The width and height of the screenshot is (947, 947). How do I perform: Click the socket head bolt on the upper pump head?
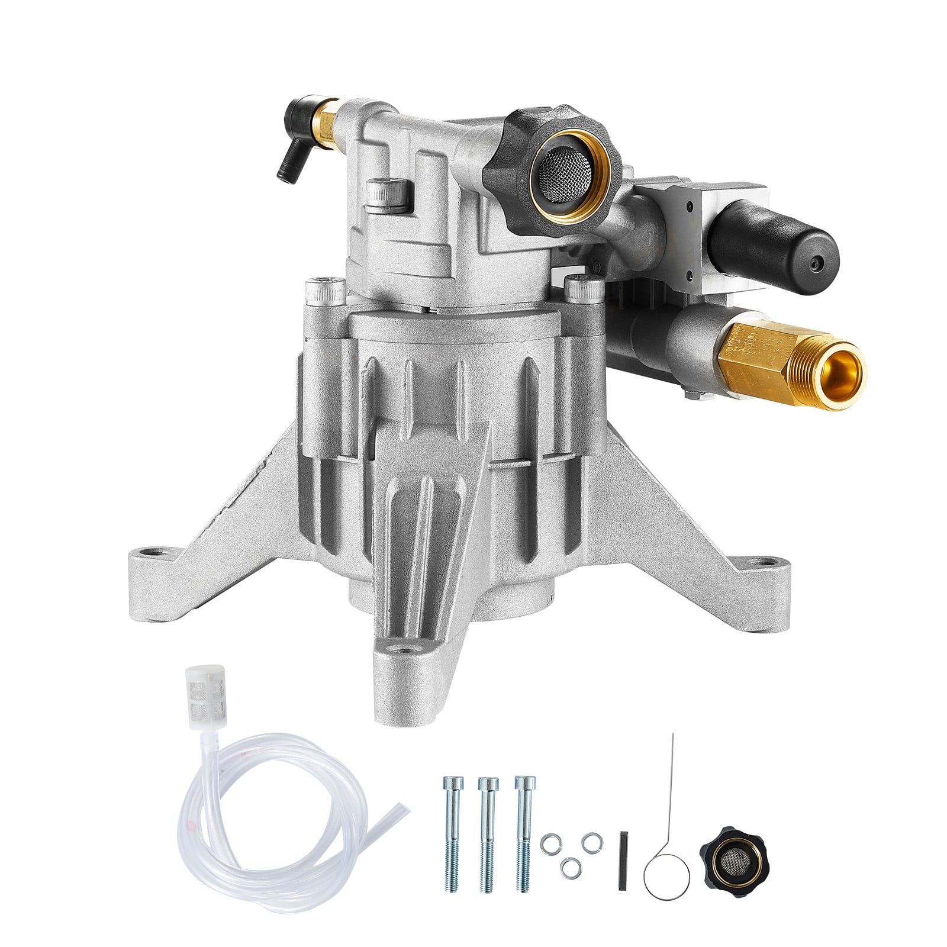point(388,195)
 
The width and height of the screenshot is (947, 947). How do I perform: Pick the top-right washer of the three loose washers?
point(590,841)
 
